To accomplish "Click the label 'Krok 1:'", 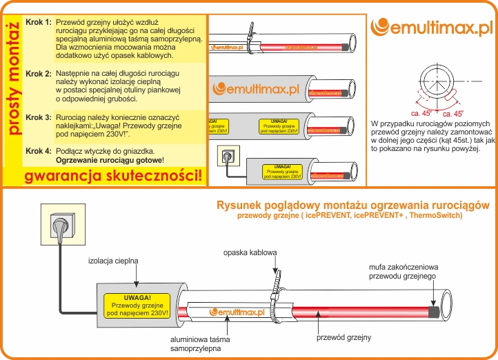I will click(38, 22).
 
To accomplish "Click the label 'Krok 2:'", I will click(38, 73).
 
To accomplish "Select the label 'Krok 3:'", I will click(38, 117).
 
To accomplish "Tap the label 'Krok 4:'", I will click(38, 150).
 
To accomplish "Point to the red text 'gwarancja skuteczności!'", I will click(114, 175).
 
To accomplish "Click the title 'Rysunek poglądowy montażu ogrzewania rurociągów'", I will click(353, 205).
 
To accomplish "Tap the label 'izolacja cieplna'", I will click(114, 261).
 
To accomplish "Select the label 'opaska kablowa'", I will click(250, 252).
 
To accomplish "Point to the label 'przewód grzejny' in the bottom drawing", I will click(343, 337).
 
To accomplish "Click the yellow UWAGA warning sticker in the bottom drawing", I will click(137, 306).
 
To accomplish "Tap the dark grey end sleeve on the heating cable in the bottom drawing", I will click(435, 311).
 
